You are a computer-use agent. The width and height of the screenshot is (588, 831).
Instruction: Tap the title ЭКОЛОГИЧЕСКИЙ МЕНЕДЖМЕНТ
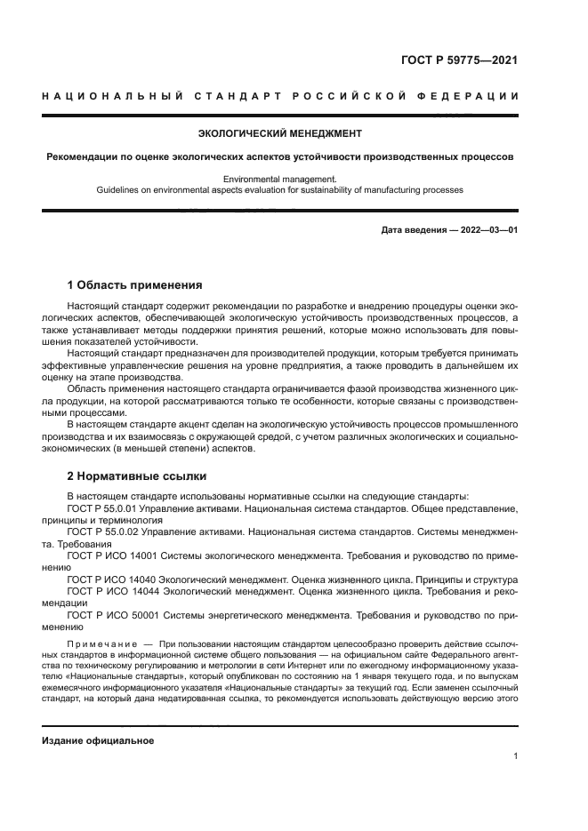click(x=279, y=134)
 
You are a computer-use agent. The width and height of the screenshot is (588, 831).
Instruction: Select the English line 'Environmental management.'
click(x=279, y=179)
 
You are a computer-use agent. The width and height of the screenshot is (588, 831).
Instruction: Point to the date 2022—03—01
click(x=487, y=231)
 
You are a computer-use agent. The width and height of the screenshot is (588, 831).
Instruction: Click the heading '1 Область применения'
click(x=135, y=285)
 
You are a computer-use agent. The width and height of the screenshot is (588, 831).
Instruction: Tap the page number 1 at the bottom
click(x=515, y=756)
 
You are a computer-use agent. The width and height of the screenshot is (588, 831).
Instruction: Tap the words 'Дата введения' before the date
click(x=415, y=231)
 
